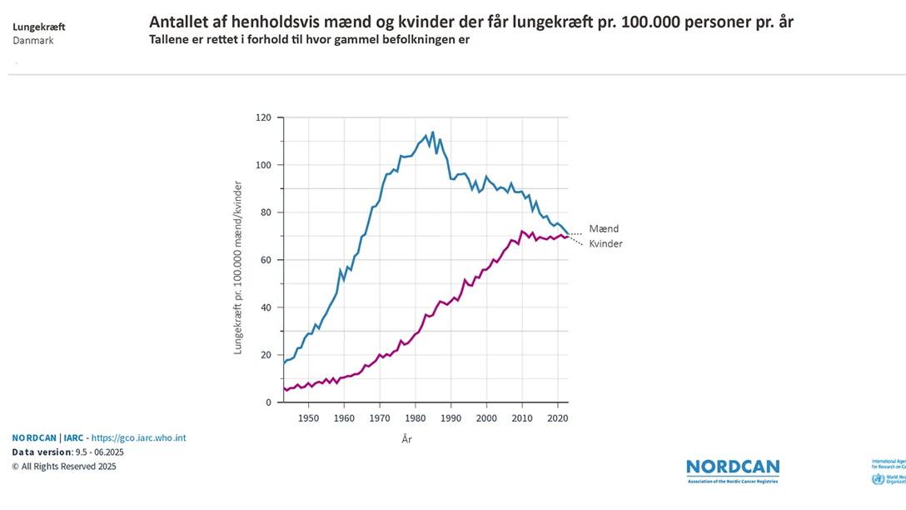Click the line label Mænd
(x=604, y=228)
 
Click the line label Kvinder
(x=605, y=243)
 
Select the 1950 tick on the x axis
(x=308, y=417)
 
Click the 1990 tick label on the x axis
(x=451, y=417)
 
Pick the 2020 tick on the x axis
(x=558, y=417)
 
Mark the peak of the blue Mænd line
(x=432, y=132)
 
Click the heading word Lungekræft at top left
(x=39, y=27)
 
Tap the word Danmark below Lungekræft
(x=33, y=40)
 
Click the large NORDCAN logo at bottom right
(x=733, y=468)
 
